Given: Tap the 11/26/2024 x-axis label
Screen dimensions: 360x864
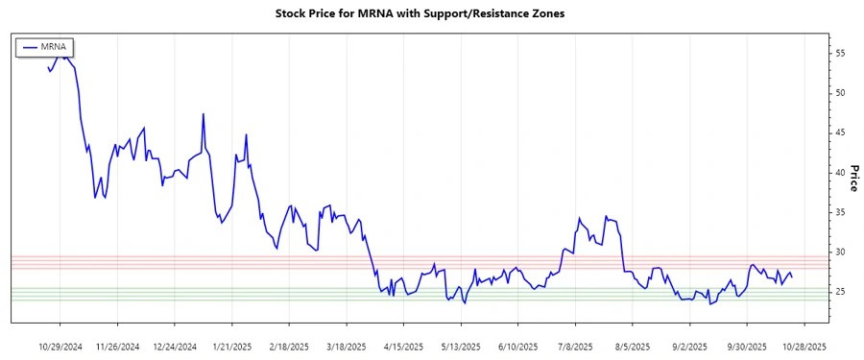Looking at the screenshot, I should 118,346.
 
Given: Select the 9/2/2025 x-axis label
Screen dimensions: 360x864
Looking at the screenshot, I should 688,346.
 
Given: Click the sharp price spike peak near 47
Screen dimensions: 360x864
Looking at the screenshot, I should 204,114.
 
